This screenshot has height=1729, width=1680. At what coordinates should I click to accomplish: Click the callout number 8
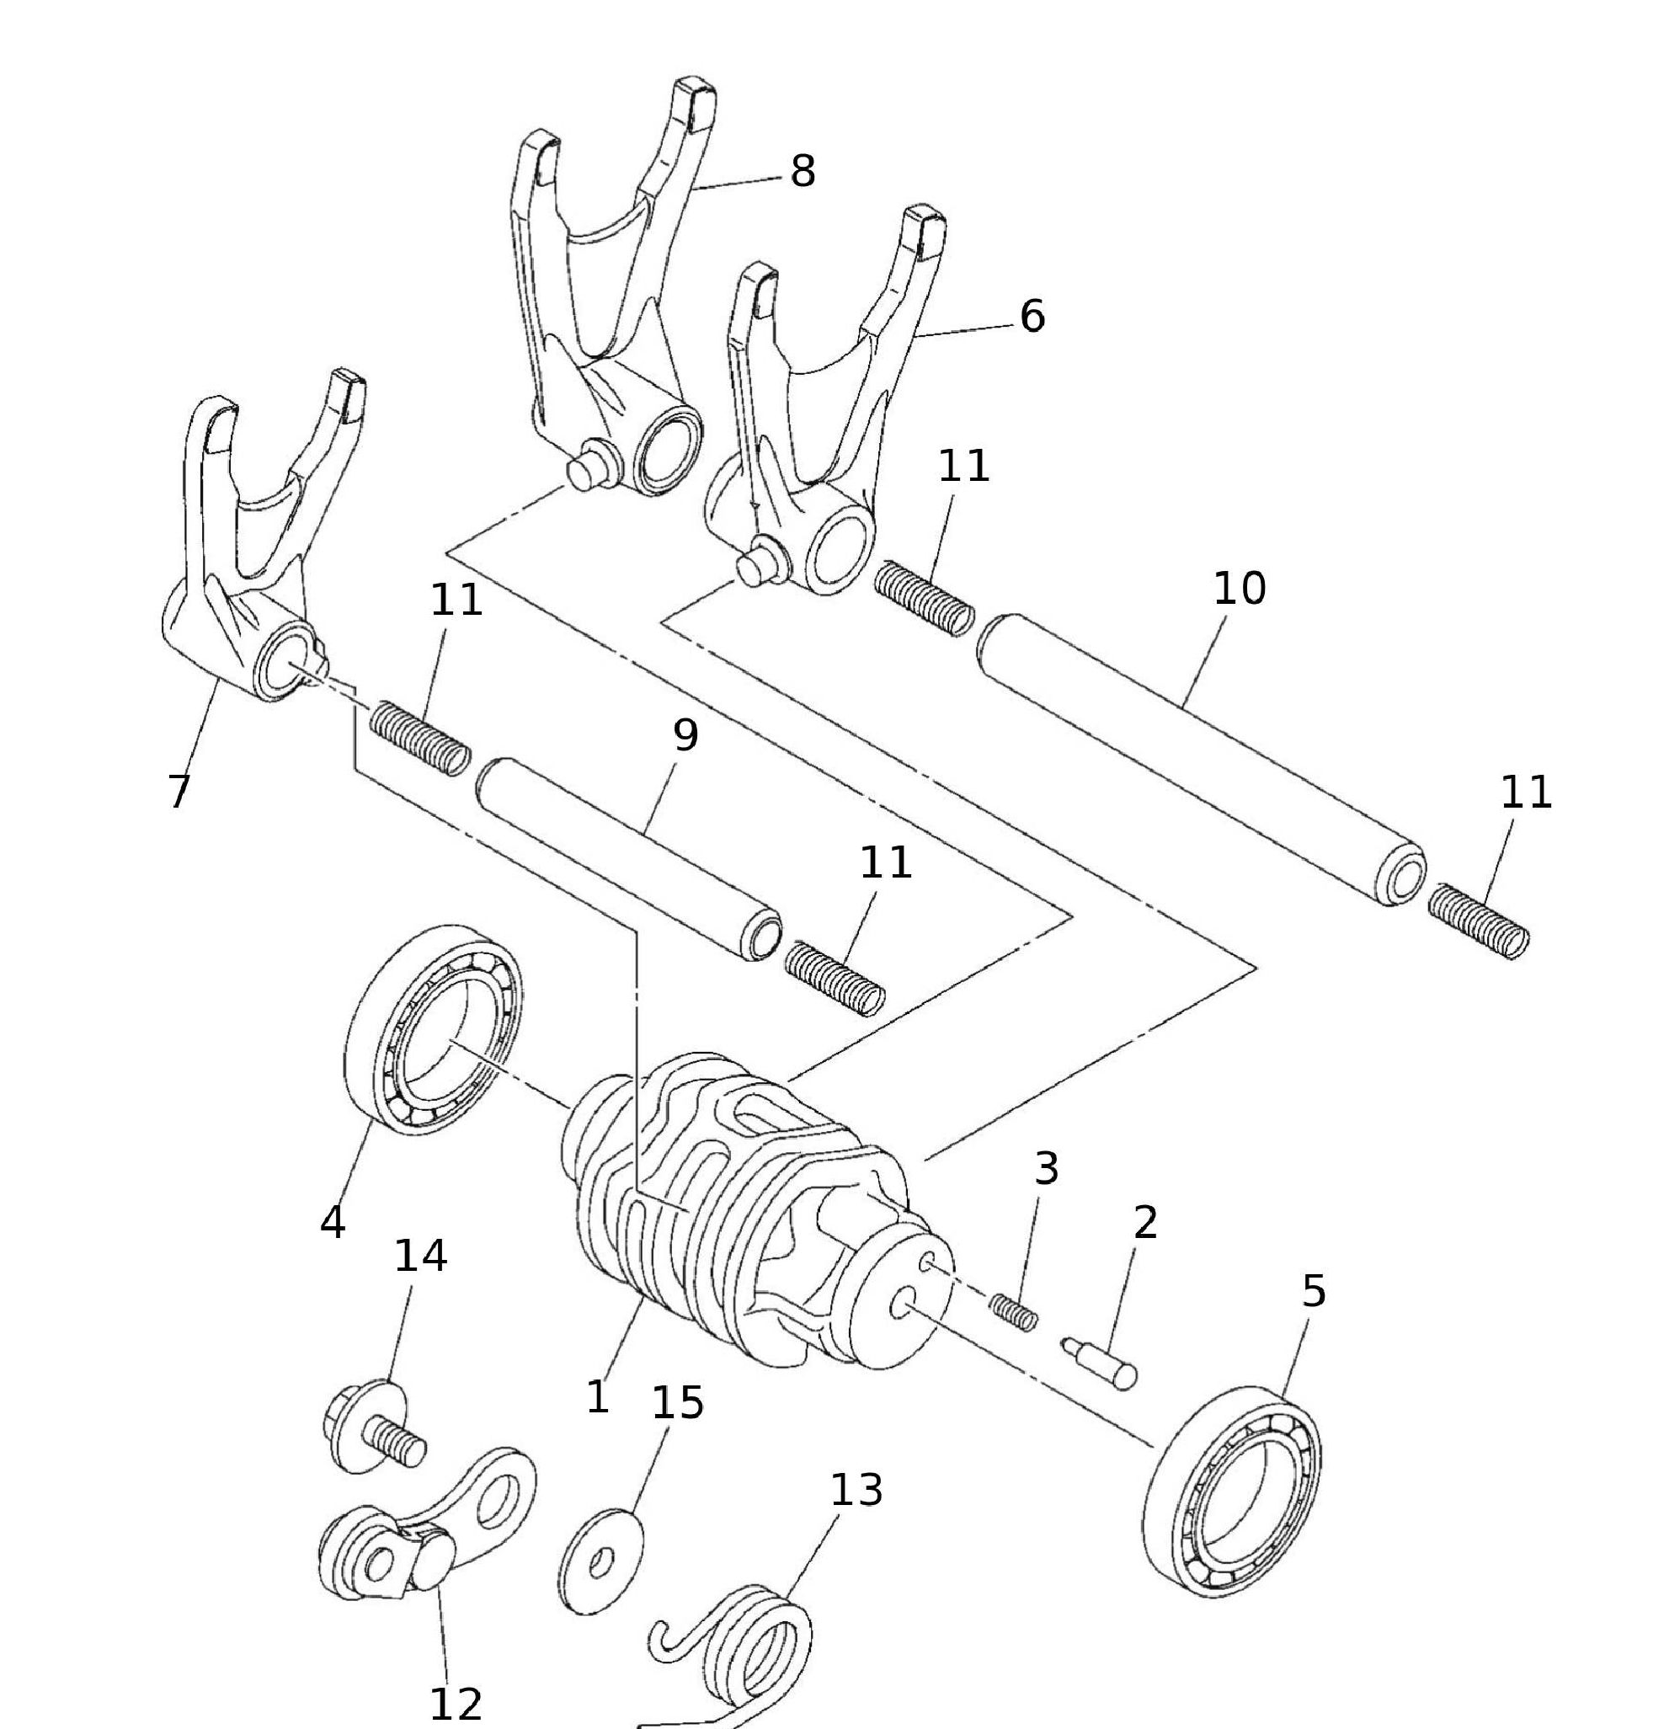801,170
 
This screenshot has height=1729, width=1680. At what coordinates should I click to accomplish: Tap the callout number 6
1032,316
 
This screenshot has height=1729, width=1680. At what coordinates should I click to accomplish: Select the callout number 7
179,791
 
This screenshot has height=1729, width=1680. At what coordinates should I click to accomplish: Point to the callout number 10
1239,589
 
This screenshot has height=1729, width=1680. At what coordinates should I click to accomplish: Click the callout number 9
685,735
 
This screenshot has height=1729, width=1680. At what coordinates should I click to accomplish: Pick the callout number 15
677,1402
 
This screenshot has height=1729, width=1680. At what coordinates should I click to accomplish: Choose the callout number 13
856,1490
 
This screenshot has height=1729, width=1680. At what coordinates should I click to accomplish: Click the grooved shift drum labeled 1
750,1209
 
